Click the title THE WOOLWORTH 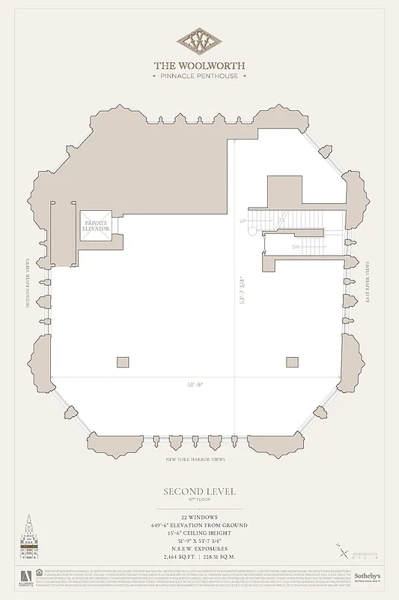[x=199, y=65]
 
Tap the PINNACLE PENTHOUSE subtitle [x=199, y=76]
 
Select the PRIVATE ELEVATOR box [x=96, y=225]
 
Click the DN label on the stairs [x=296, y=245]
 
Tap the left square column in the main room [x=123, y=361]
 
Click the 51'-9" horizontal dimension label [x=195, y=384]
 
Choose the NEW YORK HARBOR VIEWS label [x=196, y=460]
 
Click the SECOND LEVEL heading [x=199, y=491]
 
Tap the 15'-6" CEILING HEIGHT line [x=199, y=534]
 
